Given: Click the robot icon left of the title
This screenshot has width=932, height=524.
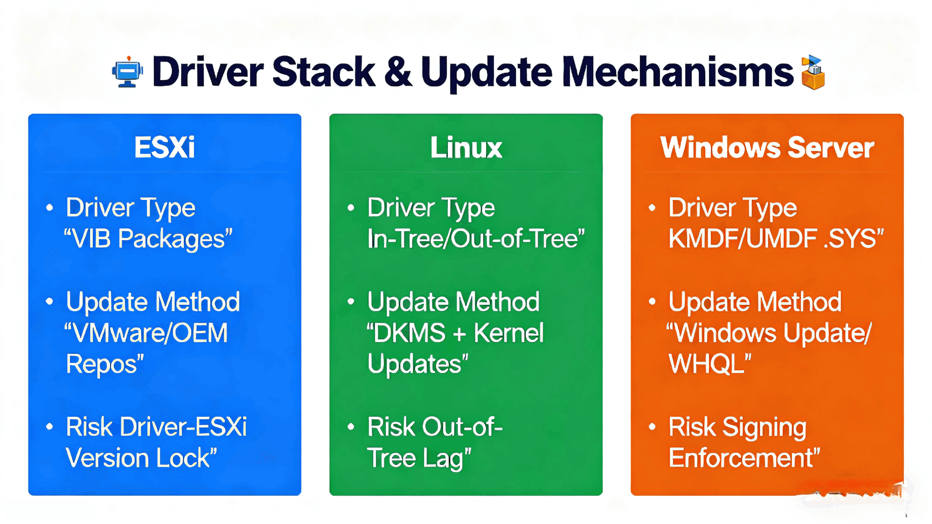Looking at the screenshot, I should tap(127, 72).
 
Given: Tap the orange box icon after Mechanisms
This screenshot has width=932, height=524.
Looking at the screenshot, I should tap(813, 73).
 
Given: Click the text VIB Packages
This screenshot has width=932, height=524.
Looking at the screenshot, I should tap(149, 239).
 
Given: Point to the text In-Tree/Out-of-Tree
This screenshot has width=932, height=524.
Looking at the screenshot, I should tap(476, 239).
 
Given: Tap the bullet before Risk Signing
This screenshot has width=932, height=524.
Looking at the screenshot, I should tap(652, 427).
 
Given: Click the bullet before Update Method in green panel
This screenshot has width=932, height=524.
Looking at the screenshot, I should tap(351, 301).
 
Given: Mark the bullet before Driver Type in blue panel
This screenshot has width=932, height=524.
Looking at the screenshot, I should tap(50, 208).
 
